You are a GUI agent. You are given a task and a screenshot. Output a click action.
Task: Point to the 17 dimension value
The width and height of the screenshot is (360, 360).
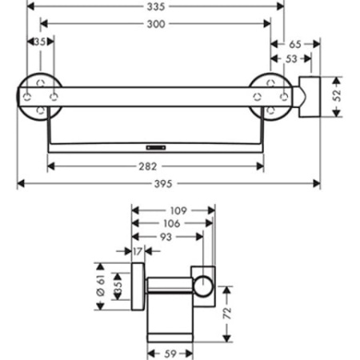tap(137, 252)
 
